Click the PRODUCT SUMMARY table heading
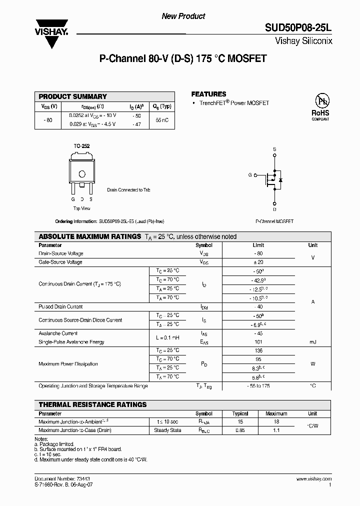pyautogui.click(x=73, y=96)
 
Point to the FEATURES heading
pyautogui.click(x=208, y=94)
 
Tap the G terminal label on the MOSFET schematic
pyautogui.click(x=250, y=175)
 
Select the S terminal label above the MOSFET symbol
pyautogui.click(x=274, y=149)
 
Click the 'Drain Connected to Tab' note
pyautogui.click(x=128, y=190)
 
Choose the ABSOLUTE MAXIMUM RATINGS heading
pyautogui.click(x=90, y=236)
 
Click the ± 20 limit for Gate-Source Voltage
pyautogui.click(x=258, y=262)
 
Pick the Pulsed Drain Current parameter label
pyautogui.click(x=60, y=306)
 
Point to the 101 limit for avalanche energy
pyautogui.click(x=258, y=342)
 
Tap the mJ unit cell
pyautogui.click(x=312, y=342)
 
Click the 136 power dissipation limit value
pyautogui.click(x=258, y=351)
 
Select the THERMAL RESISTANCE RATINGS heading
pyautogui.click(x=93, y=404)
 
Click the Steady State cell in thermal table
pyautogui.click(x=167, y=430)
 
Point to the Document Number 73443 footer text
pyautogui.click(x=55, y=479)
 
